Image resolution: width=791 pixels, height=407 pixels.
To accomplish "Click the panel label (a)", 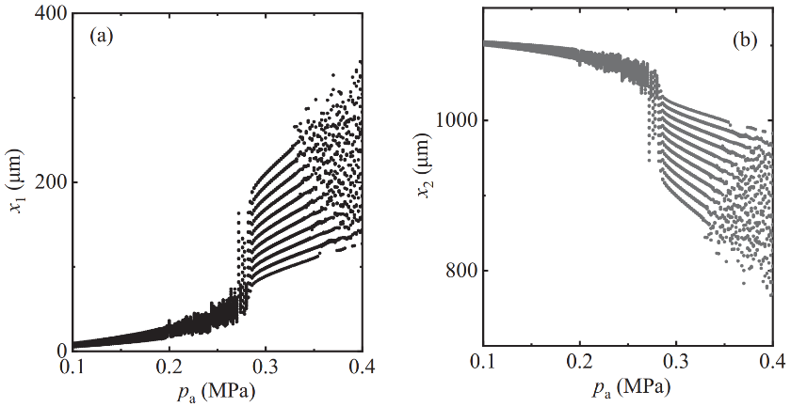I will (101, 38).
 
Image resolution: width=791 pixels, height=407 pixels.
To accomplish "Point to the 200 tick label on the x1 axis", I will (48, 181).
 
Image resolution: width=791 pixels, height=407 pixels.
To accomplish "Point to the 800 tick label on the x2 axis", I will (460, 272).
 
